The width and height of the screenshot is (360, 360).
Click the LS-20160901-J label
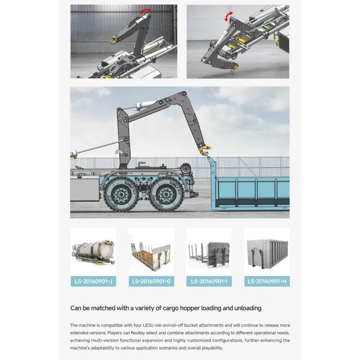(93, 281)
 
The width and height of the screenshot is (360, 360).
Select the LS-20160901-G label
(151, 281)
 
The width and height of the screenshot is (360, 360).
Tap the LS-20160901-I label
(209, 281)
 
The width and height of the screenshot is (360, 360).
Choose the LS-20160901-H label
(267, 281)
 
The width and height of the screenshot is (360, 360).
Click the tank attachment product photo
(93, 252)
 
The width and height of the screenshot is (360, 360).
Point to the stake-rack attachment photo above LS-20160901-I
(209, 254)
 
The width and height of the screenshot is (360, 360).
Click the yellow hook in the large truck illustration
(205, 150)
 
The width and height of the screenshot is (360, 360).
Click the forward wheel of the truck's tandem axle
(121, 195)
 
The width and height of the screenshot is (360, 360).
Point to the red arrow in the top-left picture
(146, 10)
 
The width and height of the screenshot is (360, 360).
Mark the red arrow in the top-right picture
(228, 17)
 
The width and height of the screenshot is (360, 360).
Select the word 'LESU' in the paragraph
(148, 325)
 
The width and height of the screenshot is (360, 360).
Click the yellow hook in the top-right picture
(234, 68)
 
